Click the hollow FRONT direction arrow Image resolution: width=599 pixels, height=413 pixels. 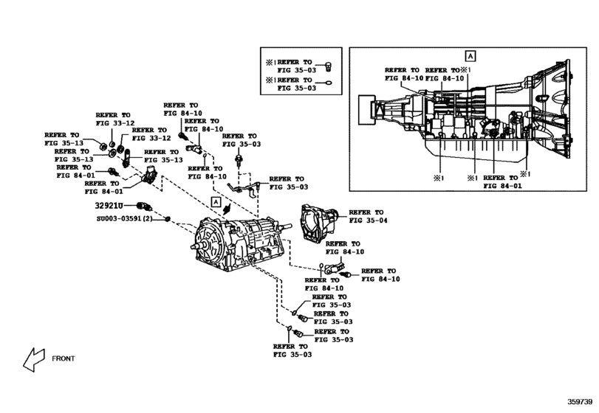pos(33,359)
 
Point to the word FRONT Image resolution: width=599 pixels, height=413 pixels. pos(63,359)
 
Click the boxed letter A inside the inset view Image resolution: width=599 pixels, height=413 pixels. pos(470,55)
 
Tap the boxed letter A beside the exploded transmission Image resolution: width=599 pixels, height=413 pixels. pos(216,201)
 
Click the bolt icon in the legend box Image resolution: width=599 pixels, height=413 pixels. pos(327,63)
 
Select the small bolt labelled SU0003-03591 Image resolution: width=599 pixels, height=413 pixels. pos(169,219)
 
